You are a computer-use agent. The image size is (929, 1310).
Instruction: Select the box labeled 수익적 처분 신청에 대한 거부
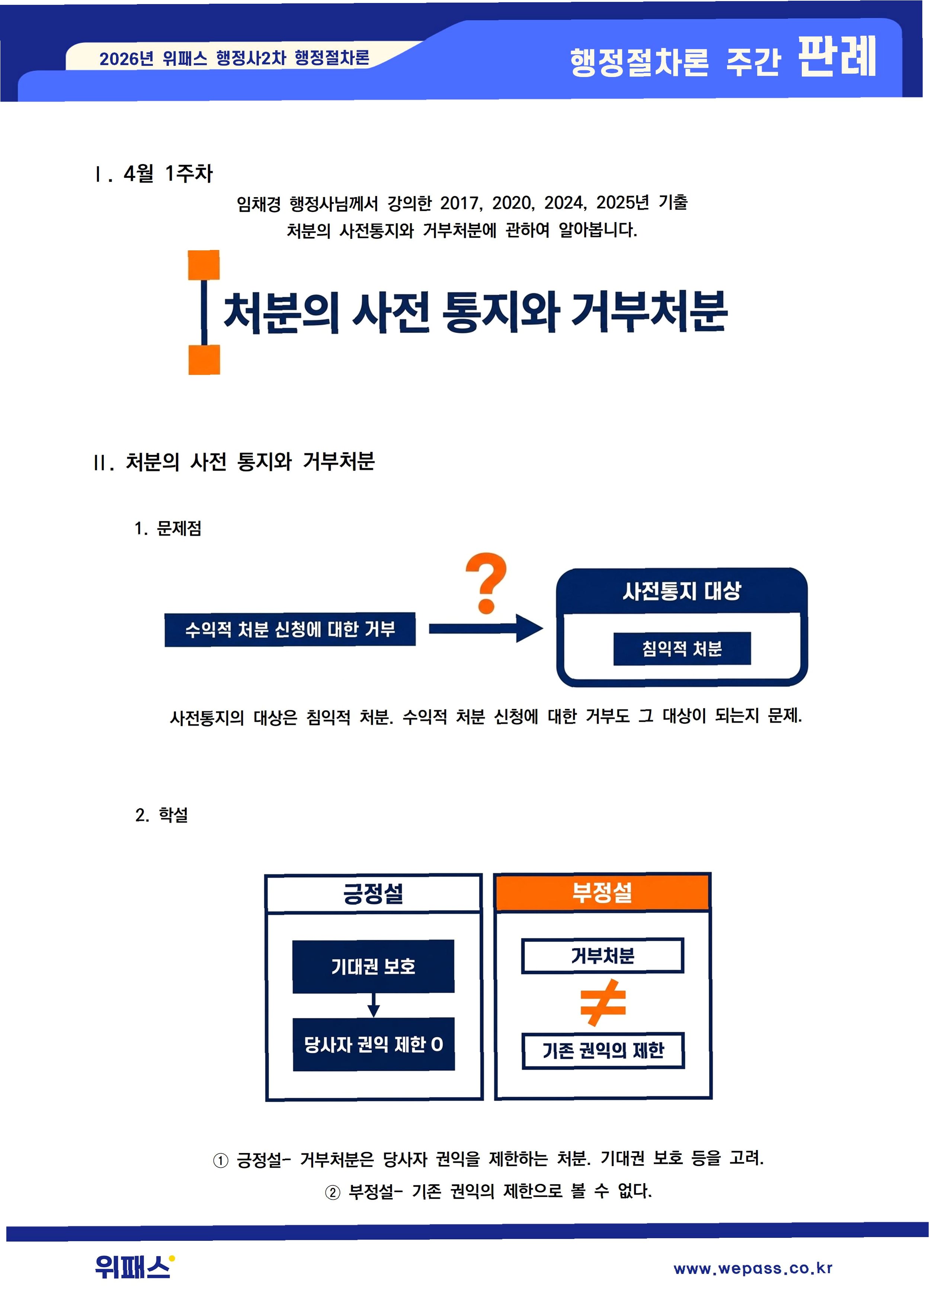click(290, 629)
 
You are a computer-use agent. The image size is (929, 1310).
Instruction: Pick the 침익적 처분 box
click(682, 649)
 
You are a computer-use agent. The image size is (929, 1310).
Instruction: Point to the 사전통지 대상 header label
click(682, 591)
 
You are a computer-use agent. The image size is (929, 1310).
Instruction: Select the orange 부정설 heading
click(602, 892)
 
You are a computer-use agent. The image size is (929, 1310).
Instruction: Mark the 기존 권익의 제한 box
click(603, 1050)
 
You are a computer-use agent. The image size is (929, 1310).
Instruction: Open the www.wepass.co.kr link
click(753, 1268)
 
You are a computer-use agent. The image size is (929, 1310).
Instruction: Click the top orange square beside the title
click(204, 265)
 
